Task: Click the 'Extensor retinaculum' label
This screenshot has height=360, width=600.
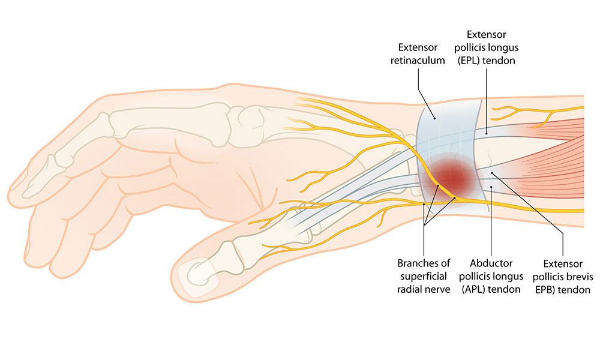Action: [418, 54]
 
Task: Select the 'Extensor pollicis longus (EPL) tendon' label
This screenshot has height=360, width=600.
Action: [487, 47]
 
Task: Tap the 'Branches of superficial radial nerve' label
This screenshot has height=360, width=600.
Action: [424, 276]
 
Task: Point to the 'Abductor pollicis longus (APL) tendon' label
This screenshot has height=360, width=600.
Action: [491, 276]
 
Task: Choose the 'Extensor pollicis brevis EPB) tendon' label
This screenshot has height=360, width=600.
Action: [563, 277]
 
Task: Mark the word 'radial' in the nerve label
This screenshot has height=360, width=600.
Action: [409, 289]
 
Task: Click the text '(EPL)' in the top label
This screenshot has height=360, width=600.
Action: [469, 61]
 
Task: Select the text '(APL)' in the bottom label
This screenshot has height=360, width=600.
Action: [473, 289]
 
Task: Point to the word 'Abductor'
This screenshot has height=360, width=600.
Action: [491, 263]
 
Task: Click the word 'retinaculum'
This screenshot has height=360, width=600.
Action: [418, 61]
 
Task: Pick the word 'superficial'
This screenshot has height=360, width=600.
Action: [424, 276]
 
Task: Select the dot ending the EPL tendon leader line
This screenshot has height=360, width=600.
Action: [487, 133]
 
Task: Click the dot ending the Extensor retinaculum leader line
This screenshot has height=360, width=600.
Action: [434, 118]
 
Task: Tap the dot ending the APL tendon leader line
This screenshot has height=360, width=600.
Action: [491, 187]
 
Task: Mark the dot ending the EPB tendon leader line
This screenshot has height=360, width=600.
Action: [492, 173]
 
